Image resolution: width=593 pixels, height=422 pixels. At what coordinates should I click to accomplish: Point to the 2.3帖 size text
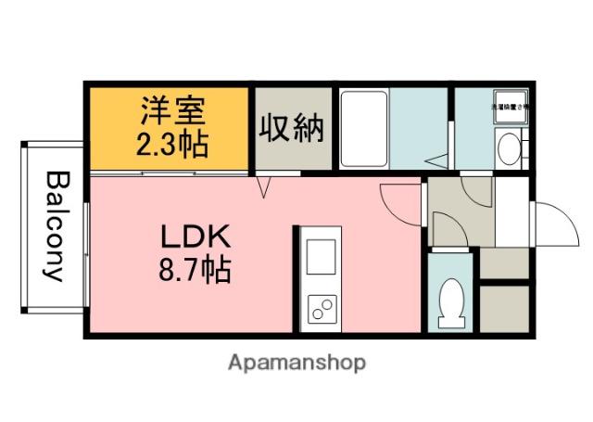173,144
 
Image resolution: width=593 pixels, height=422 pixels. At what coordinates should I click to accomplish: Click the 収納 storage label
292,128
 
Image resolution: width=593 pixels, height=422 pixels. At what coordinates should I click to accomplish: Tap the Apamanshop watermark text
296,363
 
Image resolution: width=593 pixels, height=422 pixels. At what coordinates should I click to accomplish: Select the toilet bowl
452,303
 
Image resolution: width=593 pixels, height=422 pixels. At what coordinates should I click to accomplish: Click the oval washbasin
508,147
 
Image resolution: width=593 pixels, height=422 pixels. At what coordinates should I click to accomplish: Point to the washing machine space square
510,106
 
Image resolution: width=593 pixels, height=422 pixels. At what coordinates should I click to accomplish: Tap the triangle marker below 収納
262,188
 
